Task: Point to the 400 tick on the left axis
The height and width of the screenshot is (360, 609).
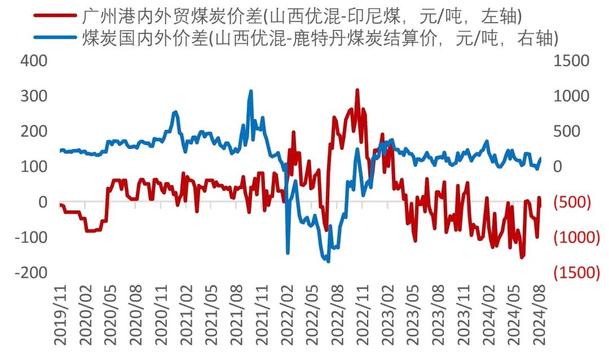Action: click(x=34, y=60)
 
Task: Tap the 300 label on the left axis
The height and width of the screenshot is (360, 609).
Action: click(x=34, y=96)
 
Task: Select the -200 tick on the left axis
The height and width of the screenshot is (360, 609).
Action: click(x=30, y=273)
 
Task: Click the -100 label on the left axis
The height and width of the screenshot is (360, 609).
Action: click(x=30, y=237)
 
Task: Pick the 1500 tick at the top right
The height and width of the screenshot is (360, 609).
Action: click(x=571, y=60)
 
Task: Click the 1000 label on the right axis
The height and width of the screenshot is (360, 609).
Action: click(x=571, y=96)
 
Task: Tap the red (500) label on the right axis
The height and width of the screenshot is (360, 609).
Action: click(x=573, y=202)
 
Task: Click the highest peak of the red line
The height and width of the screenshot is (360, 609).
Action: click(x=357, y=90)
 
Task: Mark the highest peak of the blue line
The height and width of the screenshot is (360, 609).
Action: click(x=251, y=91)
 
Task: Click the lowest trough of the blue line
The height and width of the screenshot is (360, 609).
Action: click(x=328, y=261)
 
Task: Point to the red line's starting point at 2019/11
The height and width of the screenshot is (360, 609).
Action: click(x=60, y=204)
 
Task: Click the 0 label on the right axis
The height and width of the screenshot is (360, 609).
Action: click(x=558, y=166)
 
